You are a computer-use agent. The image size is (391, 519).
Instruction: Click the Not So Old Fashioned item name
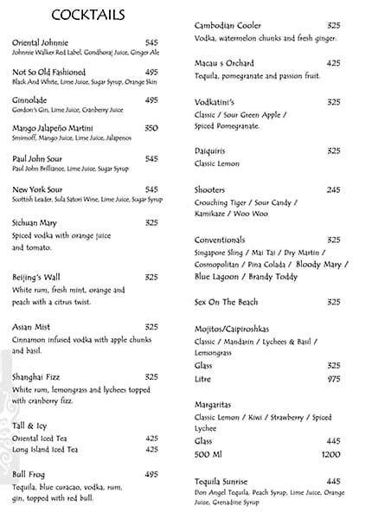coord(49,72)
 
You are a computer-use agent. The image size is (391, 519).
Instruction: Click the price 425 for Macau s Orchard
coord(334,63)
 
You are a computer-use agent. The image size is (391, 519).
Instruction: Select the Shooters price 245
coord(334,189)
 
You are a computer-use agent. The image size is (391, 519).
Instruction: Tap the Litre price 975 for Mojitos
coord(334,379)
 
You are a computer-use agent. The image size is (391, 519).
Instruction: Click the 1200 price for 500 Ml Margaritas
coord(331,454)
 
